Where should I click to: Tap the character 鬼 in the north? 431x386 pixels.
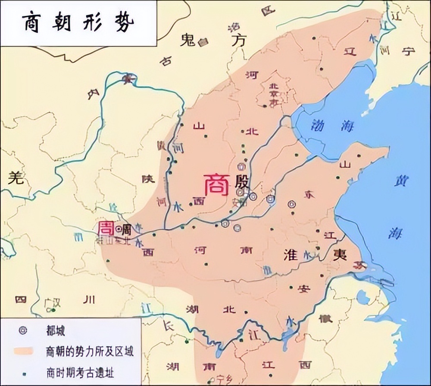coord(188,40)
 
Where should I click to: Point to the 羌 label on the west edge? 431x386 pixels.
coord(16,177)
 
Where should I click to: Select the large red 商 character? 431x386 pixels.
coord(216,185)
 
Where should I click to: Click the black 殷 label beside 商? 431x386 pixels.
coord(242,184)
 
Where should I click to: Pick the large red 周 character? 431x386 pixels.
coord(106,228)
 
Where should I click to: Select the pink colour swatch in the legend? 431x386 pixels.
coord(23,351)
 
